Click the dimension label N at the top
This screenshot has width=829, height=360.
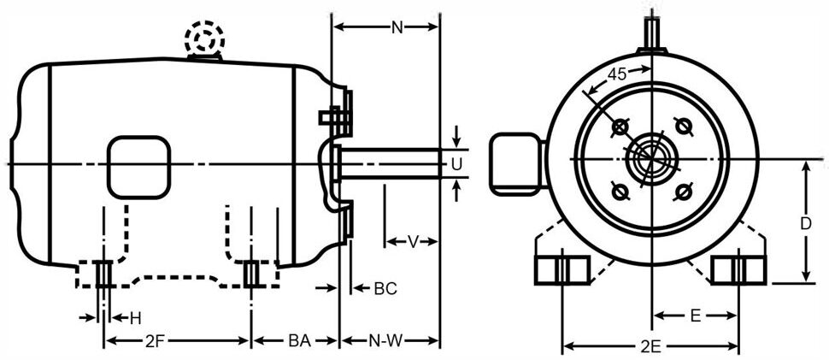397,27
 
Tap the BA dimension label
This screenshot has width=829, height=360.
298,341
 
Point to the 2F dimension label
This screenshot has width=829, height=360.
155,341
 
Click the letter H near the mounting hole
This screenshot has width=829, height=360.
135,318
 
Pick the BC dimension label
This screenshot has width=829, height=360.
385,289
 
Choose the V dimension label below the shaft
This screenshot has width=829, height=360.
412,242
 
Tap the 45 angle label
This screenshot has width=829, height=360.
617,74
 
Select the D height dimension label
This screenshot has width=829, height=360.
804,224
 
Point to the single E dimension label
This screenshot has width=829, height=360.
696,316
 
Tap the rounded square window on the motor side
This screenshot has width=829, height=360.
137,166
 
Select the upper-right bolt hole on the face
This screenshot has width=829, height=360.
682,126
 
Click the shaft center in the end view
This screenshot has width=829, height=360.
651,159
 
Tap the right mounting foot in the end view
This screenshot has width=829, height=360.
738,269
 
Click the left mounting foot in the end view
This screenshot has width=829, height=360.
561,269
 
